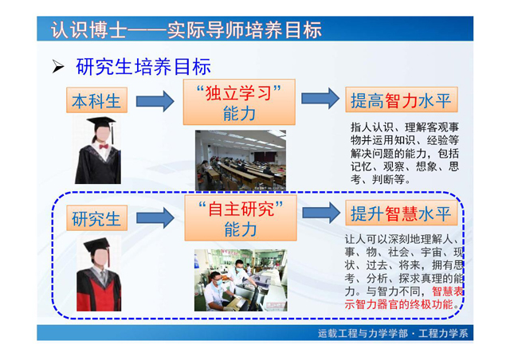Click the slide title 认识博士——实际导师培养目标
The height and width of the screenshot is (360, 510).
pos(186,29)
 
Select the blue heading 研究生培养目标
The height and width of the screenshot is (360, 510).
pos(143,67)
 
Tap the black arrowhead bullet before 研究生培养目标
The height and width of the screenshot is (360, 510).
pos(58,67)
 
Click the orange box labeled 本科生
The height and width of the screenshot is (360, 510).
pos(96,100)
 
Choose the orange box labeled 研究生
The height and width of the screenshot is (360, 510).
pos(96,218)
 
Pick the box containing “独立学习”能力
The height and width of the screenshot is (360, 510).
pos(239,102)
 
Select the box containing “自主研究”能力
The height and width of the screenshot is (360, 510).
pos(241,218)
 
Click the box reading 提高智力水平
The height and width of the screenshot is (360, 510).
pos(402,100)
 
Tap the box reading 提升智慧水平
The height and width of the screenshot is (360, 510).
pos(402,213)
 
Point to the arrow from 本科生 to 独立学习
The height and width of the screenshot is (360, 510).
pos(155,101)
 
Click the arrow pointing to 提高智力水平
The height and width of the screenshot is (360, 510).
pos(320,98)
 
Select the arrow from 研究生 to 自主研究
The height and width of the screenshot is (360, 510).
pos(155,218)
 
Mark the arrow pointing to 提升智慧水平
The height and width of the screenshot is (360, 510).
pos(321,213)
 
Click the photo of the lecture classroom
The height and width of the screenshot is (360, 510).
pos(241,160)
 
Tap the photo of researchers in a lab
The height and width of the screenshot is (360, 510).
pos(241,280)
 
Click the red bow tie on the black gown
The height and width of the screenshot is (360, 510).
pos(104,147)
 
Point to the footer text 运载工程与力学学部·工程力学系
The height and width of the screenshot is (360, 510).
pos(393,334)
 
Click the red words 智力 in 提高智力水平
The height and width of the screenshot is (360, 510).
pos(401,100)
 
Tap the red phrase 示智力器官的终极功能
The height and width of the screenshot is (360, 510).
pos(398,304)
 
